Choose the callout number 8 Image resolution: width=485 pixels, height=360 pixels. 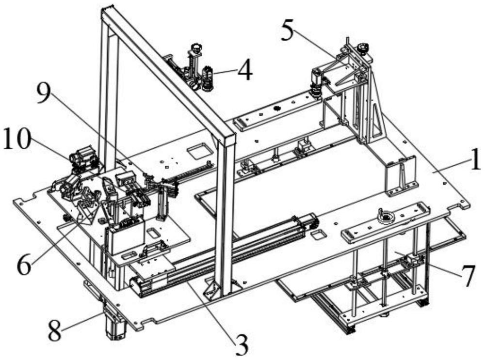tap(55, 330)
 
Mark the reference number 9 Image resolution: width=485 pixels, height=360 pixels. tap(44, 94)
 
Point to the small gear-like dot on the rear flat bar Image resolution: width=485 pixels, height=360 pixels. tap(277, 108)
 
